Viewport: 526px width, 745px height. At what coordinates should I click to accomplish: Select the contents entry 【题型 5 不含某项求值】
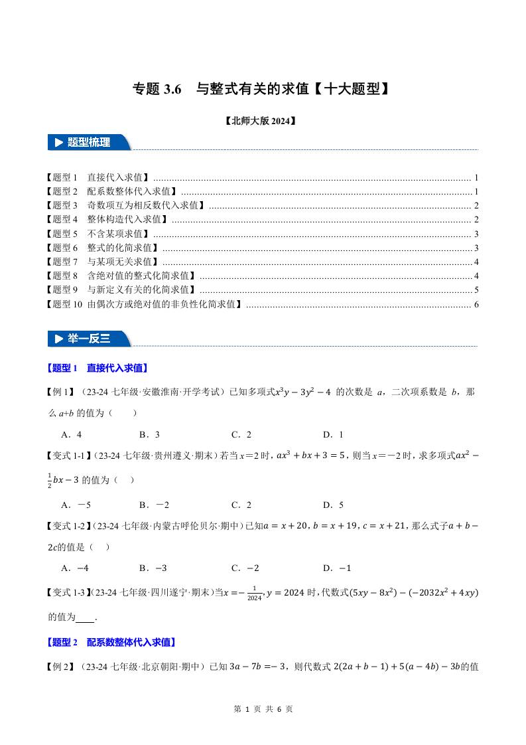99,234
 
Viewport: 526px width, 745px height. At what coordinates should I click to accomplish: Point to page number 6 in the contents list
476,305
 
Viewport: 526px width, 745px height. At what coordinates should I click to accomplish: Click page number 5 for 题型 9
476,290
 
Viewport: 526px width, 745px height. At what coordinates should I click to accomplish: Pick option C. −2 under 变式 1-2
245,568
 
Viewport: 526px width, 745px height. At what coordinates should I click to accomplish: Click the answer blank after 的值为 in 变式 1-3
86,617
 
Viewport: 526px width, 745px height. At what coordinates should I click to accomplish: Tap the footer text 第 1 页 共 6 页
263,709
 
